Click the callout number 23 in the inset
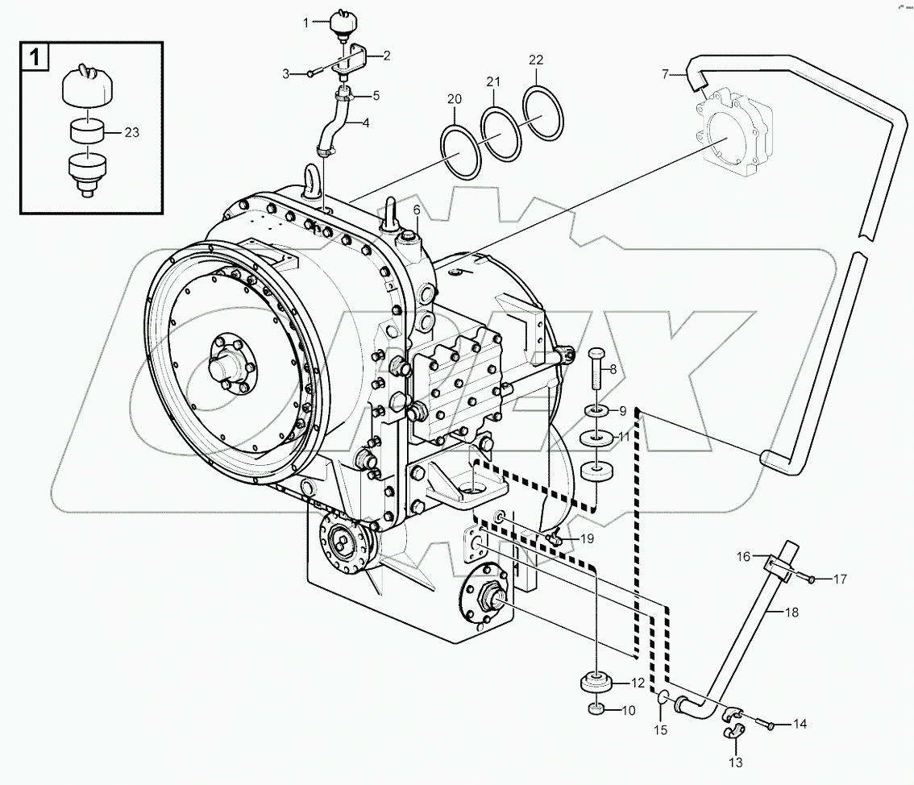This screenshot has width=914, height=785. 132,133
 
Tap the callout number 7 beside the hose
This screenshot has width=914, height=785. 665,75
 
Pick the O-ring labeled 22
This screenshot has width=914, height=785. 543,113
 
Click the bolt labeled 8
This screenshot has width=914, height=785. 596,369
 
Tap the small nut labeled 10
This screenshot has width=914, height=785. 595,709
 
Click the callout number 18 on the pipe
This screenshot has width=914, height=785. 791,613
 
